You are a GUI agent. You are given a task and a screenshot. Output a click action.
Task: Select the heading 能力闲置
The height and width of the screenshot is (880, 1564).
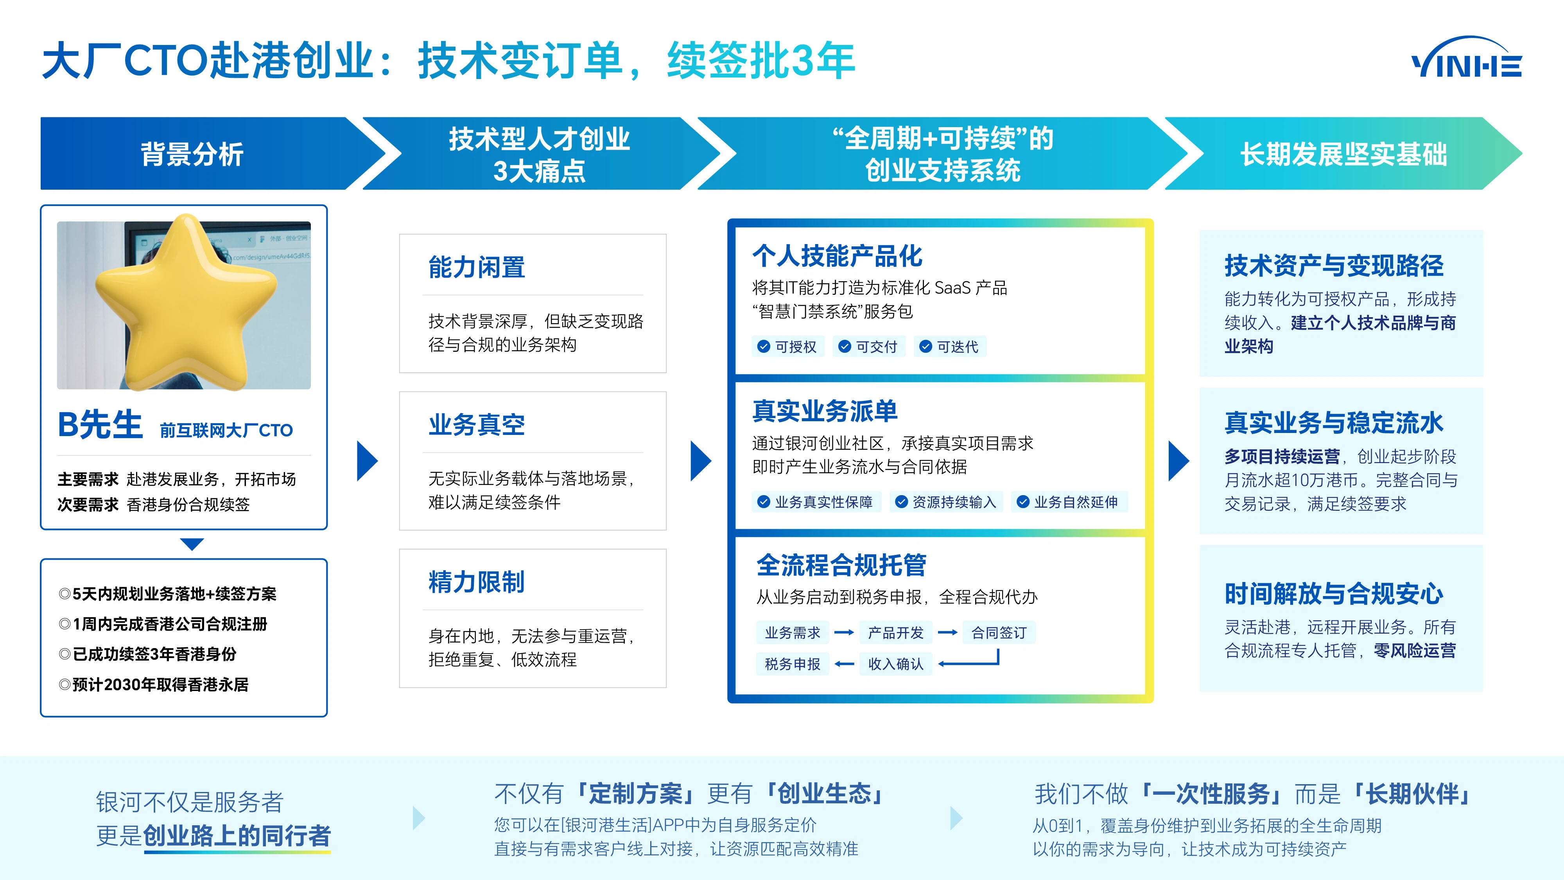click(x=477, y=267)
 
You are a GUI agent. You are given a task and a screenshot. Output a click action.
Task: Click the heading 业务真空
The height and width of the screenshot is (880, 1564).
click(x=477, y=424)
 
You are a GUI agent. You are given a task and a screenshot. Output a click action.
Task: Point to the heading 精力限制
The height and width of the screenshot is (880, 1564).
click(x=477, y=582)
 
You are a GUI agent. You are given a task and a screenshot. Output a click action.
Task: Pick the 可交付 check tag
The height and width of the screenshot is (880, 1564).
click(x=869, y=347)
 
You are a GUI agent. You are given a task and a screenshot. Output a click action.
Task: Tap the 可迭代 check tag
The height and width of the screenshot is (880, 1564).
click(x=950, y=347)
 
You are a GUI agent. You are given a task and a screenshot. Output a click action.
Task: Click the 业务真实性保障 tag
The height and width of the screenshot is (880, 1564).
click(x=816, y=502)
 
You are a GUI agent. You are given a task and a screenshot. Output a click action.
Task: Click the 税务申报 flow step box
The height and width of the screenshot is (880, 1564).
click(x=792, y=664)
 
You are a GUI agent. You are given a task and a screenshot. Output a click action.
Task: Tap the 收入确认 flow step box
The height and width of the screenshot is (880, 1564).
click(x=895, y=664)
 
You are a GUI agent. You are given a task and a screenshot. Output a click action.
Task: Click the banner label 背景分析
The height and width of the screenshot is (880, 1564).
click(x=192, y=154)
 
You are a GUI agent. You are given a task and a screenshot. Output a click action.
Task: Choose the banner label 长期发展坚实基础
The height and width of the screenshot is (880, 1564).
click(x=1343, y=154)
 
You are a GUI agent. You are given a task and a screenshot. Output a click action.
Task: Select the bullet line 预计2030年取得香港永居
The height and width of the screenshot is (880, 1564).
click(x=154, y=684)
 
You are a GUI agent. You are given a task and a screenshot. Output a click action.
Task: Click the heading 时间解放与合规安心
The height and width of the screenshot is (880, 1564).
click(x=1333, y=593)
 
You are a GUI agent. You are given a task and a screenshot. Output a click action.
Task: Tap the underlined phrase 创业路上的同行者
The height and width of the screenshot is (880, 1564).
click(x=237, y=836)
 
